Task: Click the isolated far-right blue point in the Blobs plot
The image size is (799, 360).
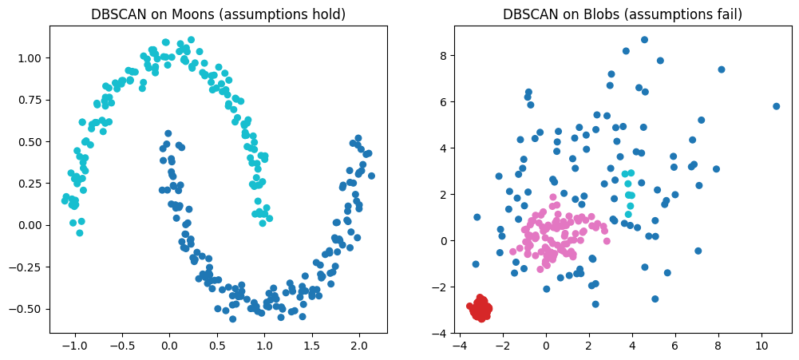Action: [776, 106]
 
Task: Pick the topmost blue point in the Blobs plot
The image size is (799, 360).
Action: [644, 40]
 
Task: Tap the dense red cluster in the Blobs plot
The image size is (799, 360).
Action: [481, 308]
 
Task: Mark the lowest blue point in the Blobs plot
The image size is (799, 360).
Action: [595, 304]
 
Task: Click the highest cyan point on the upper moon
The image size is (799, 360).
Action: [191, 39]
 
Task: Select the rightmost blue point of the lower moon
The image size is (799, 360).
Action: [371, 176]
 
